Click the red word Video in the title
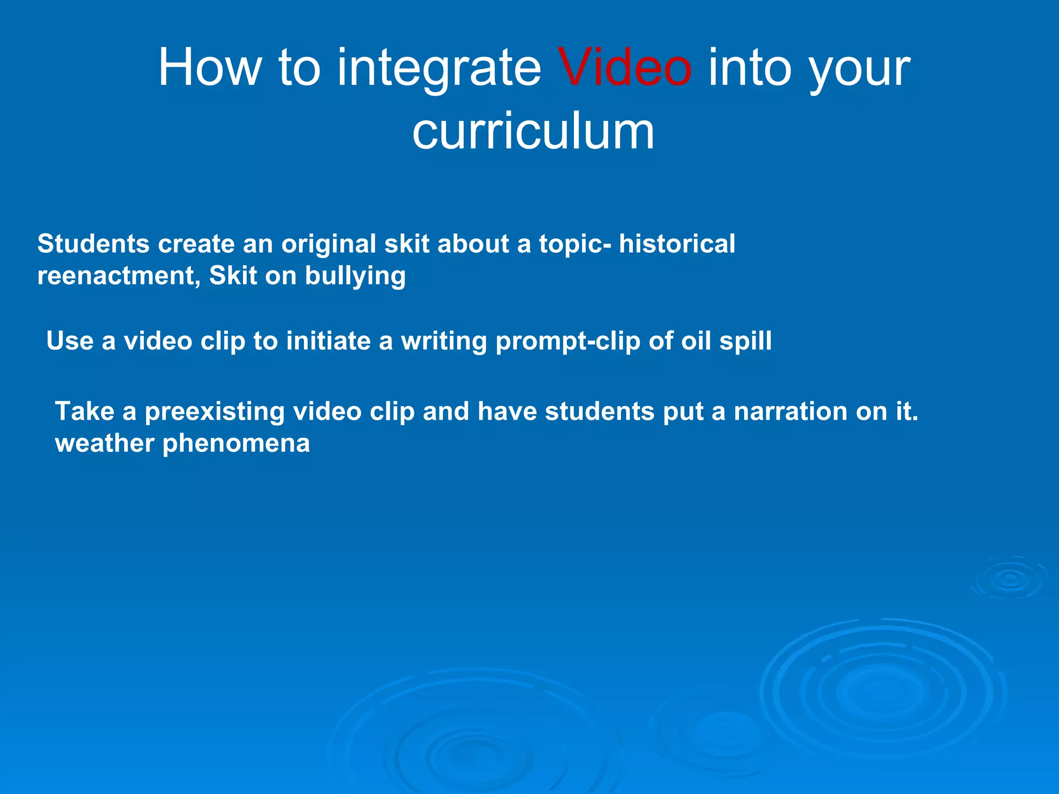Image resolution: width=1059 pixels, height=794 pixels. tap(624, 68)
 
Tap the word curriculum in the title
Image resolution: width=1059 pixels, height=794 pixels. tap(533, 131)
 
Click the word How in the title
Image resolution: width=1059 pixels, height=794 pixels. tap(209, 68)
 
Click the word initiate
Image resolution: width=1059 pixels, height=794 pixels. tap(328, 341)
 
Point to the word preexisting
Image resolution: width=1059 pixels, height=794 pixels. tap(215, 413)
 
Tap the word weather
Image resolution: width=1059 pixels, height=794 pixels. tap(104, 444)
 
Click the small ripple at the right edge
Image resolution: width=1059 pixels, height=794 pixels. tap(1010, 579)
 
